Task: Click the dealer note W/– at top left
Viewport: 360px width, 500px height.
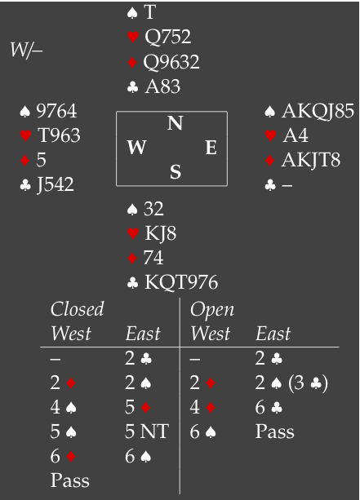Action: pyautogui.click(x=26, y=50)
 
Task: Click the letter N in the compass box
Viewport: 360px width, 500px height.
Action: pyautogui.click(x=176, y=123)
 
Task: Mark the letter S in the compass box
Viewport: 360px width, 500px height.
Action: pyautogui.click(x=176, y=172)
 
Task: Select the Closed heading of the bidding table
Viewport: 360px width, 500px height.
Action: pyautogui.click(x=78, y=309)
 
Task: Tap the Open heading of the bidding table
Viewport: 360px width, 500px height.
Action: pyautogui.click(x=212, y=310)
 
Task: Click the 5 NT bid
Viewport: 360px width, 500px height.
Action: pyautogui.click(x=146, y=431)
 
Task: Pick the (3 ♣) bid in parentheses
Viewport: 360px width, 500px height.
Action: pyautogui.click(x=308, y=383)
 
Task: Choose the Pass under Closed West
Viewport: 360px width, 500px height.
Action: pyautogui.click(x=70, y=480)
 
